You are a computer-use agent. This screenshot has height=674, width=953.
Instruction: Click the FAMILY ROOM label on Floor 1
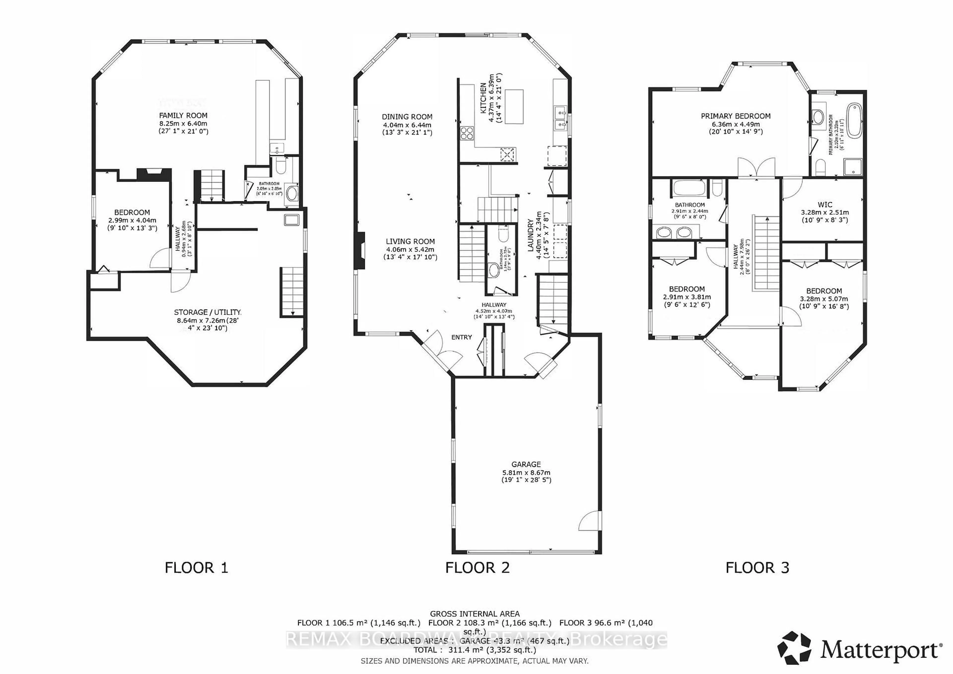(x=183, y=115)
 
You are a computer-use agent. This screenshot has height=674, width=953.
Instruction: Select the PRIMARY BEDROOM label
(x=736, y=116)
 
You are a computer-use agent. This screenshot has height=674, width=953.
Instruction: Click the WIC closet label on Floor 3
(x=824, y=204)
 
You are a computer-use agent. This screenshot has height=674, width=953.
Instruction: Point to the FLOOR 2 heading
(x=477, y=567)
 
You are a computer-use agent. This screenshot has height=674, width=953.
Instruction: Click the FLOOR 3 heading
(x=757, y=567)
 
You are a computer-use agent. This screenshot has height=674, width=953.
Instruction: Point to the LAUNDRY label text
(x=530, y=235)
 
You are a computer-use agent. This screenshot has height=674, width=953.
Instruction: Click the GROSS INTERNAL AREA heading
(x=475, y=613)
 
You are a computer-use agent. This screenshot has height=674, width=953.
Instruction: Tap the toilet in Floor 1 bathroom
(x=280, y=167)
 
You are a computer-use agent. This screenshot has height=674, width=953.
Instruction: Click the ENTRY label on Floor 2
(x=462, y=337)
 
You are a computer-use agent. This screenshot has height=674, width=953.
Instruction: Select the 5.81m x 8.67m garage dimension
(x=526, y=472)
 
